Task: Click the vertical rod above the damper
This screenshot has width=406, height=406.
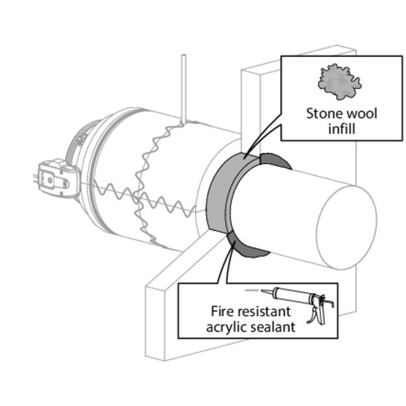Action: coord(183,88)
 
